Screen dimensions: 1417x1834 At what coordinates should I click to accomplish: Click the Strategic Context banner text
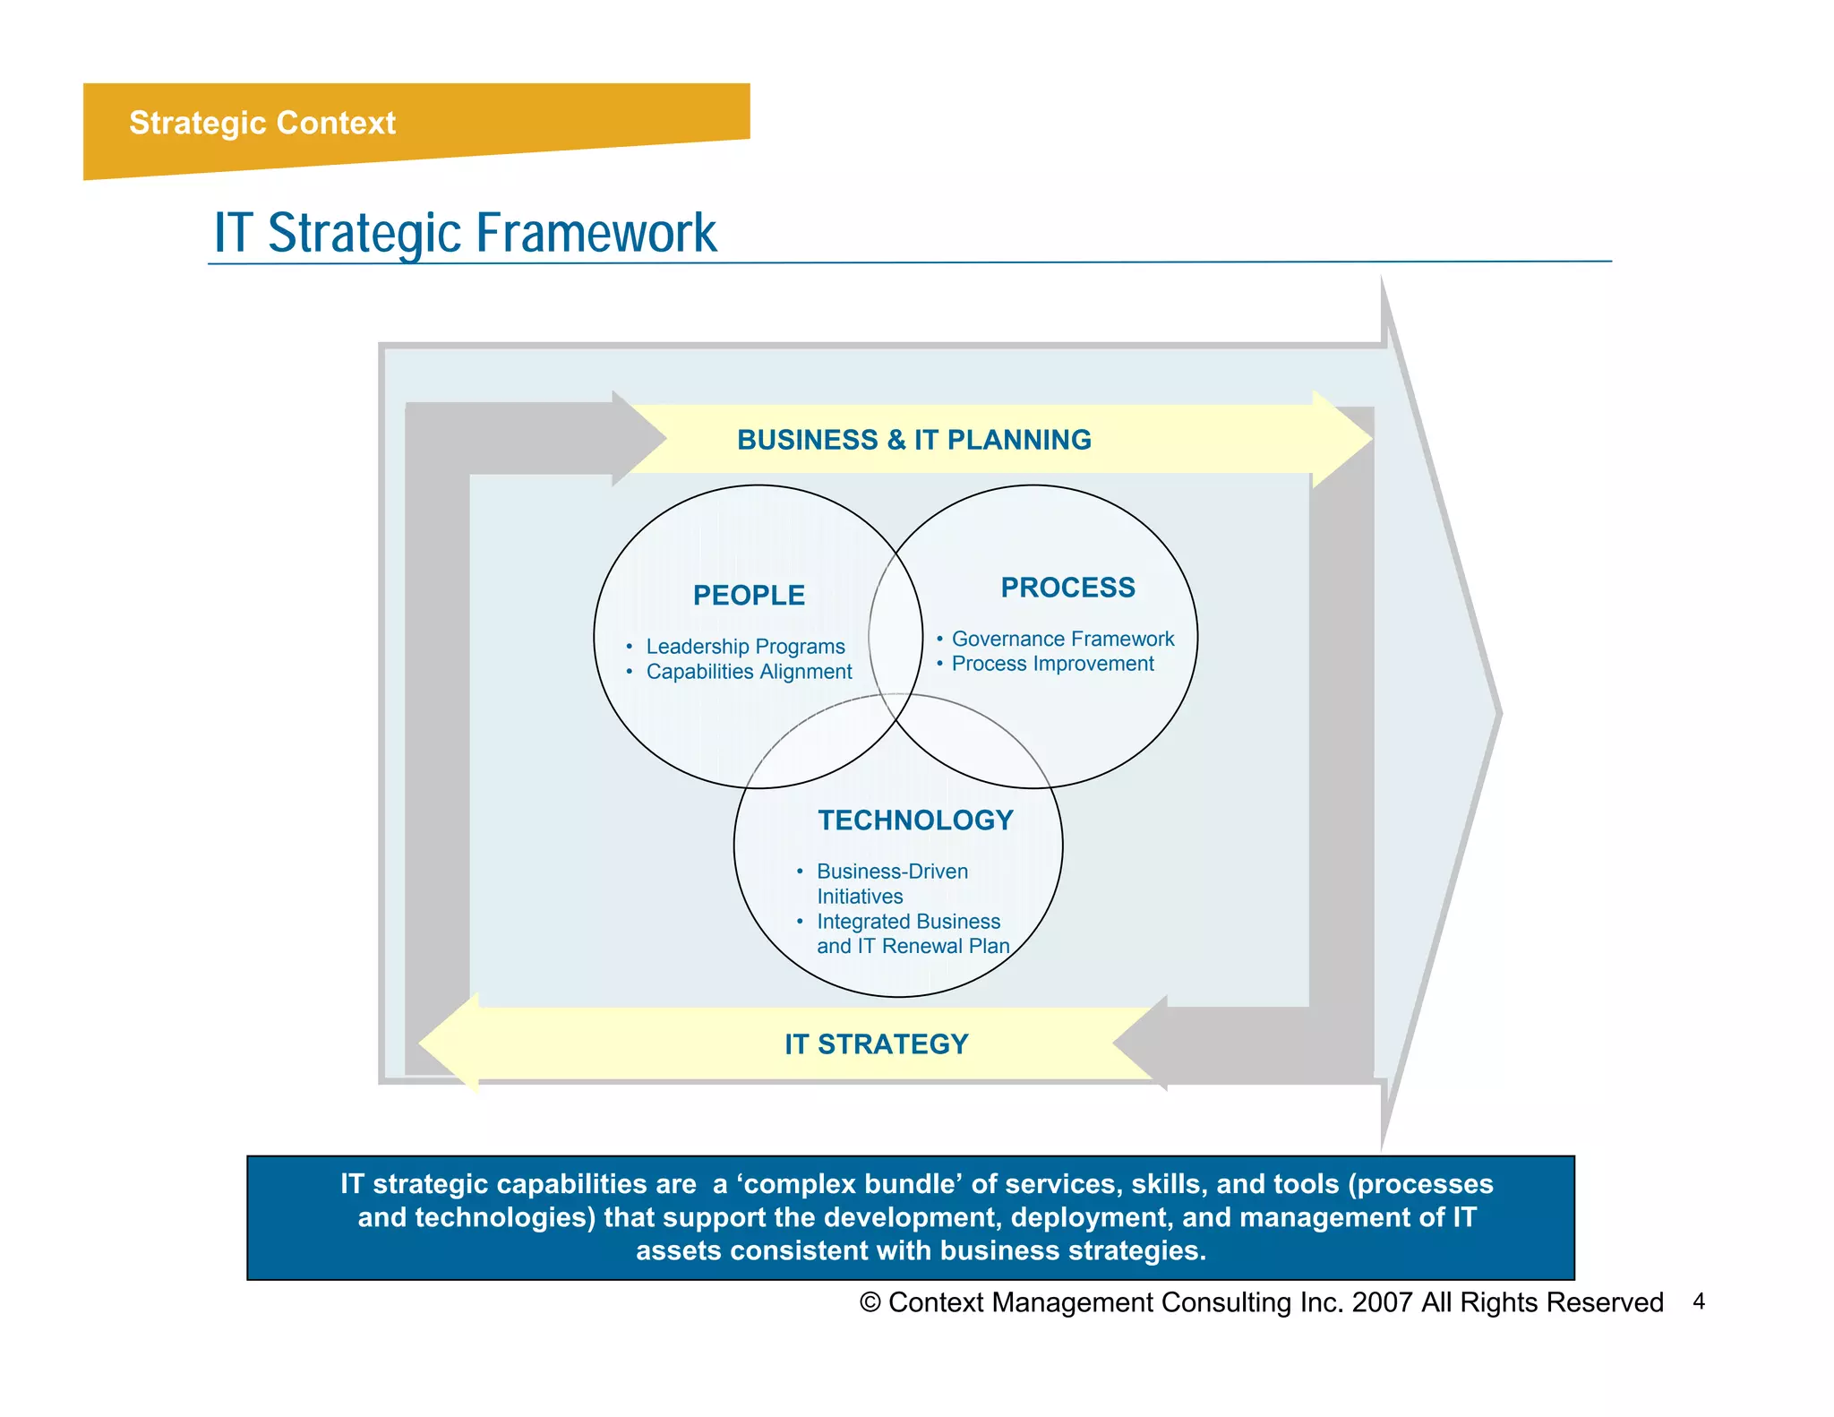click(x=261, y=123)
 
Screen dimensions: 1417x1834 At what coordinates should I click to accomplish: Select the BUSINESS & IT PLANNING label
click(x=913, y=440)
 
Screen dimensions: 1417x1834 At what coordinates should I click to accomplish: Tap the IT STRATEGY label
click(x=876, y=1044)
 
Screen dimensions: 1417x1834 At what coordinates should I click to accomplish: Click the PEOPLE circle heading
click(x=749, y=596)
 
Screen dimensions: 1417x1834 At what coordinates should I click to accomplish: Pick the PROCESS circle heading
click(x=1067, y=588)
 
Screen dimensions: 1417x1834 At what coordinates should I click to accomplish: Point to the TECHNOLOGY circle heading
click(x=915, y=820)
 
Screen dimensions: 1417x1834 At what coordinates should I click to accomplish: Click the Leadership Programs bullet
click(x=745, y=647)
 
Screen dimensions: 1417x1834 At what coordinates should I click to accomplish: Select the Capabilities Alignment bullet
click(x=749, y=672)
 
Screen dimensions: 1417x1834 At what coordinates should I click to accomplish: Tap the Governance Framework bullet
click(x=1062, y=639)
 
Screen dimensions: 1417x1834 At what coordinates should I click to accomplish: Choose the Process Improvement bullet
click(x=1052, y=664)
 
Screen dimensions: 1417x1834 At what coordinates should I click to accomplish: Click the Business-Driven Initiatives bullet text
click(x=891, y=883)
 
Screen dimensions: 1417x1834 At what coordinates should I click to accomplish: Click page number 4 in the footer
click(x=1698, y=1301)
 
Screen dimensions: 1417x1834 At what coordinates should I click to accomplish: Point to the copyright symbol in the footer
click(x=870, y=1302)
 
